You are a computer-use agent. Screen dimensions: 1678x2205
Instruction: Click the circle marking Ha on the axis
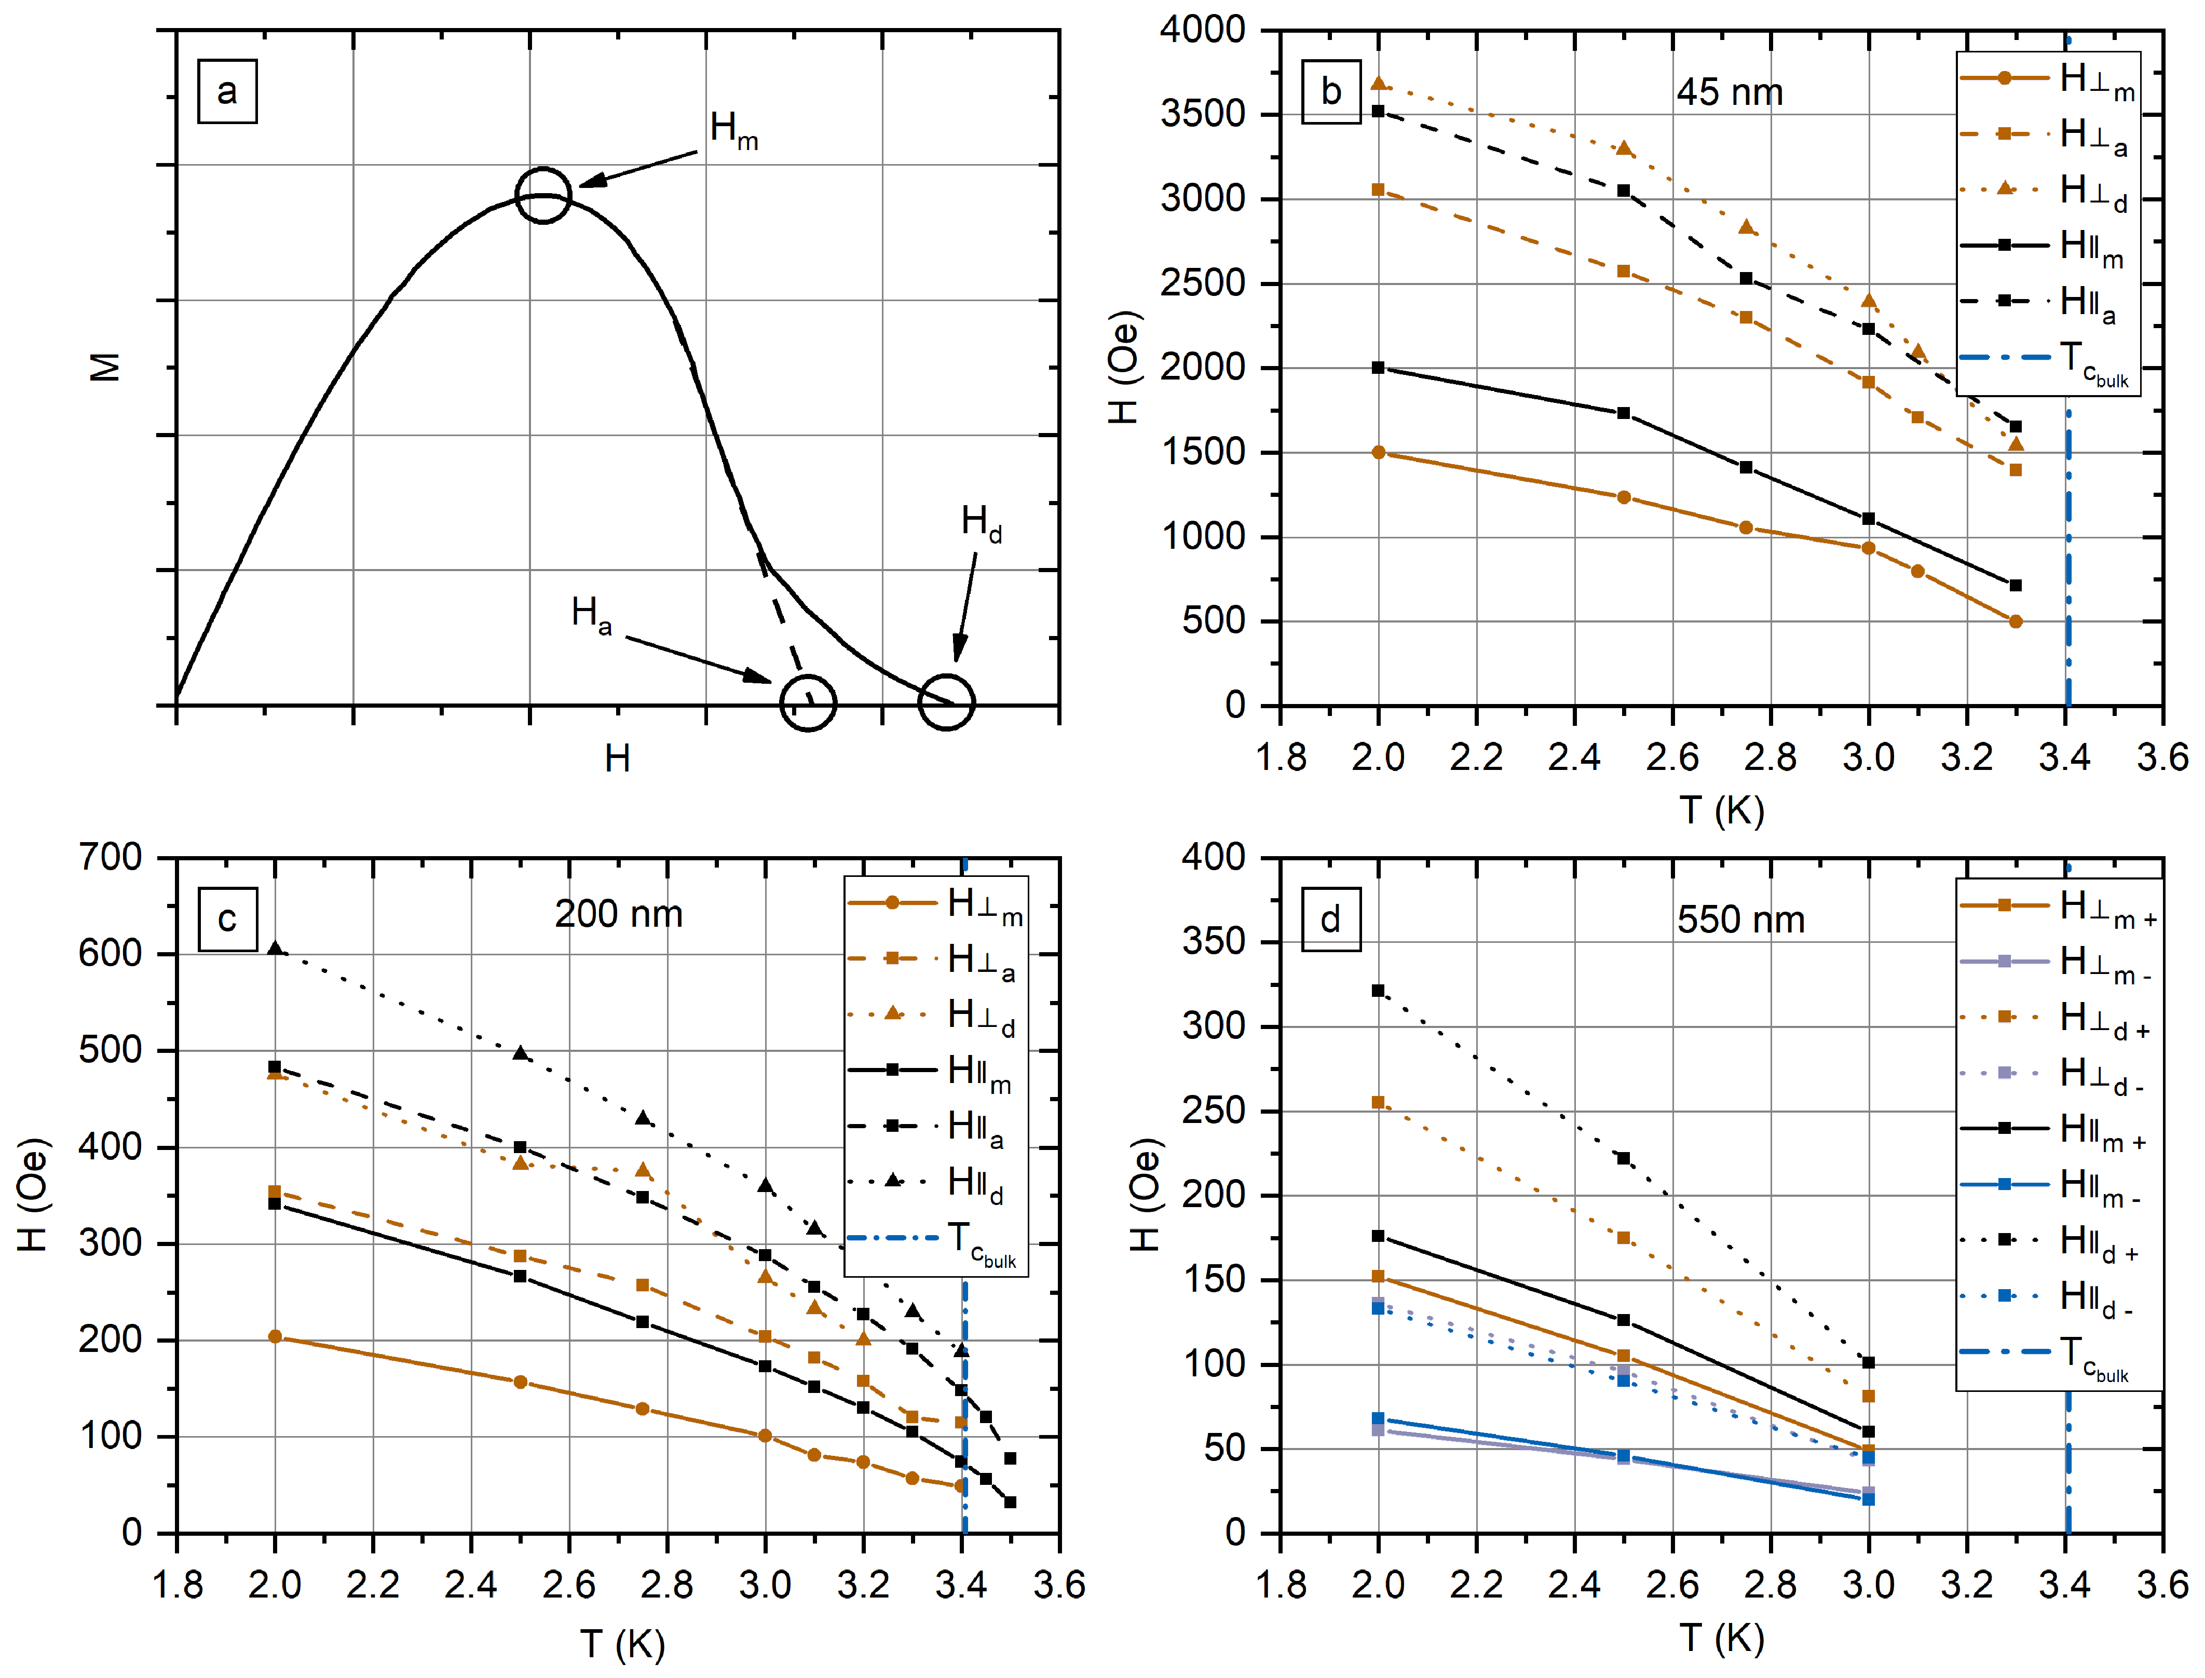pos(807,702)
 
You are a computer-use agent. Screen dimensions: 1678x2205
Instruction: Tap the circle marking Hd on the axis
pos(946,702)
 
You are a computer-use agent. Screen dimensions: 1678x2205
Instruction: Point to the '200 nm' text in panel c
pos(618,914)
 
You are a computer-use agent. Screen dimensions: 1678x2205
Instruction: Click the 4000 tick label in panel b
pos(1202,30)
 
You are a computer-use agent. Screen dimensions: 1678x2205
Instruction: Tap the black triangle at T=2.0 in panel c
pos(275,948)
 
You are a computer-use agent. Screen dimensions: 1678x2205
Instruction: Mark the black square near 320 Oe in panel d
pos(1378,991)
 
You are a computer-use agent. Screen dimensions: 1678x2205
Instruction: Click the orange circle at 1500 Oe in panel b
pos(1378,452)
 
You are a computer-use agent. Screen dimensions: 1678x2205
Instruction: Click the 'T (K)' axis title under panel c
pos(621,1643)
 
